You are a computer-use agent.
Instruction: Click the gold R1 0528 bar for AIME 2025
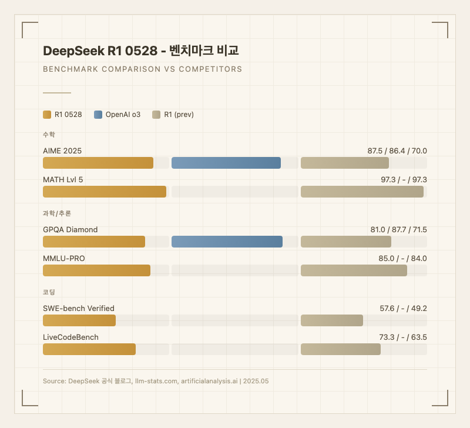(x=98, y=163)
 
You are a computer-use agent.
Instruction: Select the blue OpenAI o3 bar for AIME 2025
(x=226, y=163)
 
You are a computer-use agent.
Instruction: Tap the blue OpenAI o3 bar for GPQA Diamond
(x=227, y=242)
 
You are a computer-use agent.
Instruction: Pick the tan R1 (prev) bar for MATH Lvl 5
(x=362, y=192)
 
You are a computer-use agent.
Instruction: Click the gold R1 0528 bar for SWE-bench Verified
(x=79, y=320)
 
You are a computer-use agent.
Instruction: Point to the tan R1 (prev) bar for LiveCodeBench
(x=341, y=349)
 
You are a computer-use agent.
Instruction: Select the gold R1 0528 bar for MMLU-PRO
(x=97, y=270)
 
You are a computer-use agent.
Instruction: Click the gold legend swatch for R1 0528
(x=48, y=115)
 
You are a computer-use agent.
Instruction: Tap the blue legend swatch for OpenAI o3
(x=98, y=115)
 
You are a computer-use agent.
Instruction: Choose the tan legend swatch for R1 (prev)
(x=157, y=115)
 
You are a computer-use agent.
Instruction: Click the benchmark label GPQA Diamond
(x=70, y=229)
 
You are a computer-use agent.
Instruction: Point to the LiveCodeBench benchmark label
(x=70, y=337)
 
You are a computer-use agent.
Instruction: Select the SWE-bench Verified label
(x=79, y=308)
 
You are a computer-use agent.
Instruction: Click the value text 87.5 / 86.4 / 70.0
(x=397, y=151)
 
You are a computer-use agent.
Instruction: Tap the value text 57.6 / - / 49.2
(x=403, y=308)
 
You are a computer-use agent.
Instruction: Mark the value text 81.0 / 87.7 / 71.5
(x=398, y=229)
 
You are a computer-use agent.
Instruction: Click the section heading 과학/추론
(x=57, y=213)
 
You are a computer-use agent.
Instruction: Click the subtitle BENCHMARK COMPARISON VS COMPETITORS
(x=143, y=69)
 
